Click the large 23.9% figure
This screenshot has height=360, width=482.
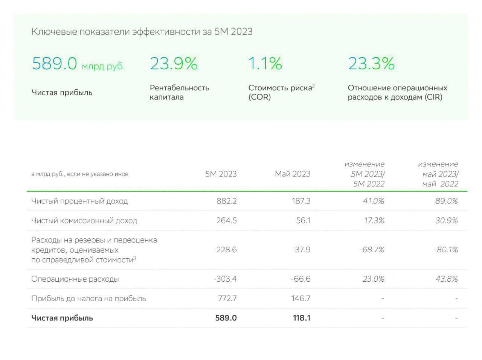coord(174,63)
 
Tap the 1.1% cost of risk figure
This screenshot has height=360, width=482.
coord(265,63)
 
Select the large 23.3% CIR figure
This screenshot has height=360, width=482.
coord(371,63)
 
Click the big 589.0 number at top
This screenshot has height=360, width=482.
coord(55,63)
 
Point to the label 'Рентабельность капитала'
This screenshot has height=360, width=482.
coord(179,92)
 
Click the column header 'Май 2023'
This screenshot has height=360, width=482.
coord(293,174)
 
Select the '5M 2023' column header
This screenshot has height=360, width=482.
coord(221,174)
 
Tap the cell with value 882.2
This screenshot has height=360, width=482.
coord(227,201)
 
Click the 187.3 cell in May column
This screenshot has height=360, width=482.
coord(301,201)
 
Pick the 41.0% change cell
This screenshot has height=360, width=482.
coord(374,201)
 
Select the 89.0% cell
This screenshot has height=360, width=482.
coord(447,201)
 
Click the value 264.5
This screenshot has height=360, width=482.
coord(227,220)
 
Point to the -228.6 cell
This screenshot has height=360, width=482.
coord(225,250)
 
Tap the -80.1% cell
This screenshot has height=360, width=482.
coord(446,250)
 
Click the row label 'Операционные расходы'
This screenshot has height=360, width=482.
coord(75,279)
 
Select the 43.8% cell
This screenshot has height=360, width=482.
coord(447,279)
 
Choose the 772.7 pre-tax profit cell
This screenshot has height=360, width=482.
coord(227,298)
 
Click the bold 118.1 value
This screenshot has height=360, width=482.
coord(302,318)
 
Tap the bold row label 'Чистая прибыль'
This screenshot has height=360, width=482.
coord(62,318)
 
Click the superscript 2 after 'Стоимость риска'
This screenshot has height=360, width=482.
coord(313,86)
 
